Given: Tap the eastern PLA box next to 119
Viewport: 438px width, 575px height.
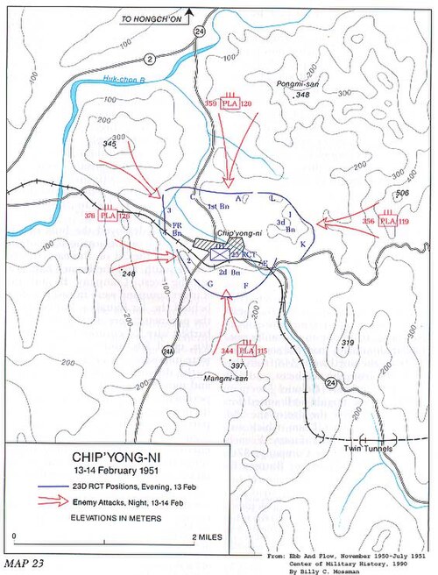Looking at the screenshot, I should tap(387, 222).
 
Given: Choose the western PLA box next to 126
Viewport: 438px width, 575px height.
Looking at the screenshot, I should tap(109, 215).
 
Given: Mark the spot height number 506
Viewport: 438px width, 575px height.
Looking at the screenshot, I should tap(402, 193).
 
